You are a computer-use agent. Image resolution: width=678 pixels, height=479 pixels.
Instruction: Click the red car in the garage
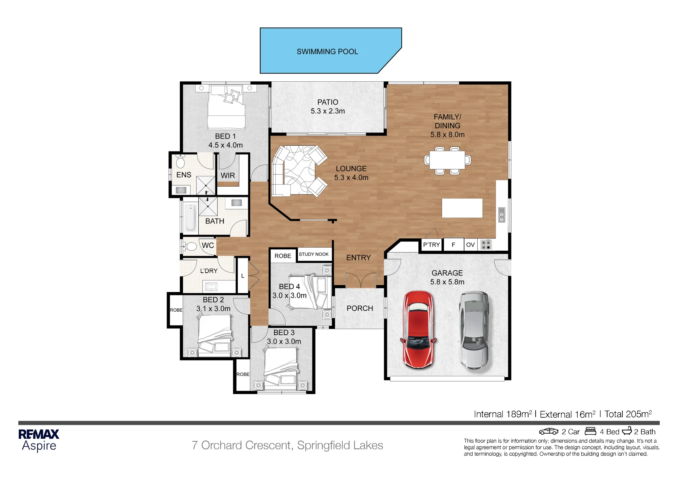click(x=418, y=329)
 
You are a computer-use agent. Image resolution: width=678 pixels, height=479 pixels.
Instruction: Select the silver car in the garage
click(x=474, y=330)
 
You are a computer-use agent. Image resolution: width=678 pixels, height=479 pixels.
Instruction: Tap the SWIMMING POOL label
click(x=327, y=51)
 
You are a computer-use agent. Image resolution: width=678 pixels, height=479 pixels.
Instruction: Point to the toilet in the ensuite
click(x=180, y=161)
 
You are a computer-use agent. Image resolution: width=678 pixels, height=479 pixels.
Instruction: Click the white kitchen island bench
click(x=462, y=208)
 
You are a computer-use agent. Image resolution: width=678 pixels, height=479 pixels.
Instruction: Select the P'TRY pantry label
click(x=431, y=245)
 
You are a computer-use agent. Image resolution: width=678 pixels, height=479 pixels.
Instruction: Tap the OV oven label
click(x=470, y=245)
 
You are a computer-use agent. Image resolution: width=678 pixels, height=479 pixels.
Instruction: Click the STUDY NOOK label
click(x=314, y=254)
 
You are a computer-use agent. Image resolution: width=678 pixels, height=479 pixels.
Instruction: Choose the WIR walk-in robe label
click(x=228, y=175)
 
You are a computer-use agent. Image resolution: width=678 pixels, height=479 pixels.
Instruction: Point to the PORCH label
click(x=360, y=308)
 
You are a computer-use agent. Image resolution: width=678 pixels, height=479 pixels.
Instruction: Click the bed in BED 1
click(x=226, y=107)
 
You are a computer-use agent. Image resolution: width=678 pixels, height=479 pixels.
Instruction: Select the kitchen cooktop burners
click(x=486, y=245)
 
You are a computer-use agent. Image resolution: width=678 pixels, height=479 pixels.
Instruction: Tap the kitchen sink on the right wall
click(x=502, y=215)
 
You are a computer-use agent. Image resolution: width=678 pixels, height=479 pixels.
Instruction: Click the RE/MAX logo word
click(x=39, y=434)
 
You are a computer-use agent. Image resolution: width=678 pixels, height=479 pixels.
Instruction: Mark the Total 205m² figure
click(x=628, y=414)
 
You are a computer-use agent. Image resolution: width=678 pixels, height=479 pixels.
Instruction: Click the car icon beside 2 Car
click(x=549, y=431)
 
